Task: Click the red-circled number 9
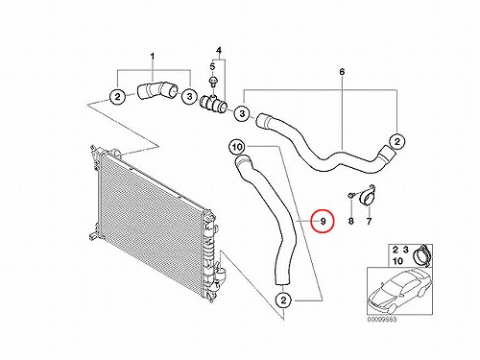pyautogui.click(x=323, y=221)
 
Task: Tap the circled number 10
pyautogui.click(x=237, y=147)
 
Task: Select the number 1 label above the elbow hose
pyautogui.click(x=153, y=57)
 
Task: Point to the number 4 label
pyautogui.click(x=219, y=51)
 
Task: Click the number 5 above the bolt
pyautogui.click(x=212, y=67)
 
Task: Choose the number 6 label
pyautogui.click(x=342, y=72)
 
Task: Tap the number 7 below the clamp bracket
pyautogui.click(x=369, y=221)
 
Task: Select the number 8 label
pyautogui.click(x=351, y=221)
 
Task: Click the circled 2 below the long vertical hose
pyautogui.click(x=284, y=300)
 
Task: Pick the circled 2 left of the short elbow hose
pyautogui.click(x=118, y=96)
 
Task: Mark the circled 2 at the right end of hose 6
pyautogui.click(x=397, y=141)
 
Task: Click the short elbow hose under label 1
pyautogui.click(x=156, y=90)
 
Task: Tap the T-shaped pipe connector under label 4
pyautogui.click(x=213, y=103)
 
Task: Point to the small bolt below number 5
pyautogui.click(x=212, y=82)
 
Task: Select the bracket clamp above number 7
pyautogui.click(x=367, y=195)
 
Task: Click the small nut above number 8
pyautogui.click(x=351, y=195)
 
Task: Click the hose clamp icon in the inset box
pyautogui.click(x=420, y=254)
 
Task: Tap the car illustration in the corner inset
pyautogui.click(x=399, y=290)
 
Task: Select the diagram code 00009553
pyautogui.click(x=381, y=320)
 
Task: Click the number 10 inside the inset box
pyautogui.click(x=397, y=261)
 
